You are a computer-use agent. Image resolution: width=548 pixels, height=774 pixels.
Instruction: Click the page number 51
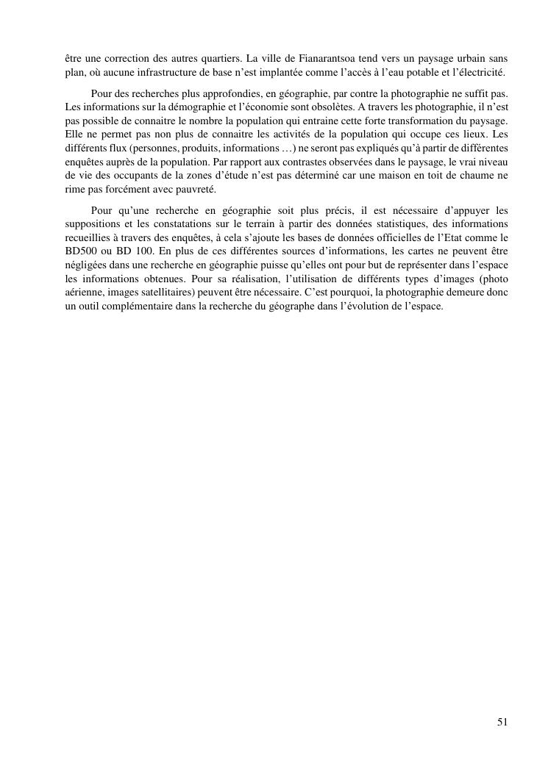pos(502,722)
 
